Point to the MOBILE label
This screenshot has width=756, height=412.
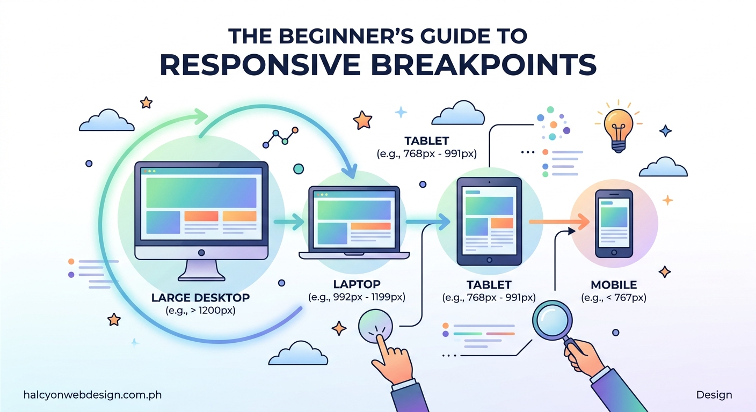click(x=613, y=285)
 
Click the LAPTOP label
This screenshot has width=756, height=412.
click(x=357, y=284)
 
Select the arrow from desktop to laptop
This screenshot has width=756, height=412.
click(x=288, y=220)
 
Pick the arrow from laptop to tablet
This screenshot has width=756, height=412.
click(x=426, y=220)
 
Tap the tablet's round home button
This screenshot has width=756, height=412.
click(x=489, y=260)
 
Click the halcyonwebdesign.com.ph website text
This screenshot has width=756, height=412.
click(x=92, y=395)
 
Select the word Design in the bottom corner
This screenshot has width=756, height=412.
click(x=714, y=395)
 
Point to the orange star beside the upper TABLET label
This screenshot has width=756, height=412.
click(x=363, y=119)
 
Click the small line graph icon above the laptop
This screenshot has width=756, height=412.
click(x=280, y=137)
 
